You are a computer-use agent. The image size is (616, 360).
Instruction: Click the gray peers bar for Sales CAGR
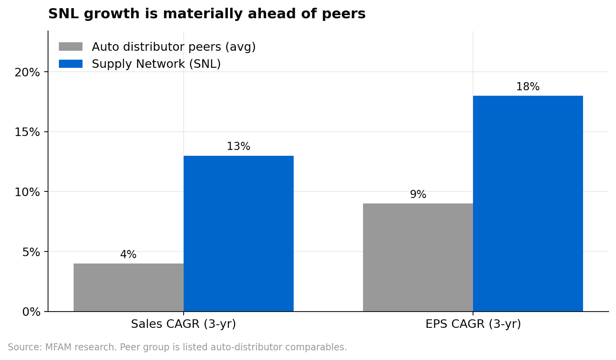[128, 287]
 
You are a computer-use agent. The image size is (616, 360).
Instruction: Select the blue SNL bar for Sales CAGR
[238, 233]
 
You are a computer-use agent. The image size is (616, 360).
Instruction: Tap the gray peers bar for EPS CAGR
[418, 257]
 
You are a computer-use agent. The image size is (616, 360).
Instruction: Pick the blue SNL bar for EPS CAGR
[528, 203]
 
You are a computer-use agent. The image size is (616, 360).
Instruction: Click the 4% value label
[128, 255]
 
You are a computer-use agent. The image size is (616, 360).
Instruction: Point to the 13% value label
[238, 146]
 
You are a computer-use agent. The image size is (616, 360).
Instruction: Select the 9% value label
[418, 195]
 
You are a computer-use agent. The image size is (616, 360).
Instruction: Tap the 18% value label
[528, 87]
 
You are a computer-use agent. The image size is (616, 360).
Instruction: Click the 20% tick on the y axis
[27, 72]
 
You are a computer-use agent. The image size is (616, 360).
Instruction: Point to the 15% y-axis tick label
[27, 132]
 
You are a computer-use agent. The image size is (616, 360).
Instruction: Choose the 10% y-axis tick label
[27, 192]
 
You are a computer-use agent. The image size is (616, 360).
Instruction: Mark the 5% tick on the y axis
[31, 252]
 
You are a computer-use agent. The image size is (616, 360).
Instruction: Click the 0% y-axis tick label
[31, 312]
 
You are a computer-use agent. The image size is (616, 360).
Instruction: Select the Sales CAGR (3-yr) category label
[183, 324]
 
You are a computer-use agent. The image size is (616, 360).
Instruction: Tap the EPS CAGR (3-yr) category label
[473, 324]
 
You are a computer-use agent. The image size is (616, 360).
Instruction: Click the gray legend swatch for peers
[71, 47]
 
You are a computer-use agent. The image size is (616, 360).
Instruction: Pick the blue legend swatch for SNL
[71, 64]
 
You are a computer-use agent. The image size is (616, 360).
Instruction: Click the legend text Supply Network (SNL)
[156, 64]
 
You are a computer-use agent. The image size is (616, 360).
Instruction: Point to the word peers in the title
[344, 14]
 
